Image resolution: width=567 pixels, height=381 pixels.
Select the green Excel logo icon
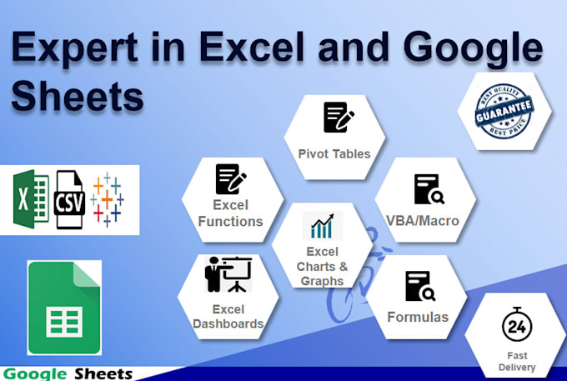click(31, 198)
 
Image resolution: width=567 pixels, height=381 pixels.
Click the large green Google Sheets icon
click(64, 308)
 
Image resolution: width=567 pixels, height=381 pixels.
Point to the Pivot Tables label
click(334, 153)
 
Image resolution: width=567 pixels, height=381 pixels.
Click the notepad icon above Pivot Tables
click(337, 118)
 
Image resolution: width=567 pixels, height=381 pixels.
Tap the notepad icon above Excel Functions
click(229, 179)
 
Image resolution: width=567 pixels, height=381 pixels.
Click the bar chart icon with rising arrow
click(322, 226)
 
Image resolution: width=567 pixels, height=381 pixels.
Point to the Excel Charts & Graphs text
click(322, 266)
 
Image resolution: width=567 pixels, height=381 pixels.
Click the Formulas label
click(418, 317)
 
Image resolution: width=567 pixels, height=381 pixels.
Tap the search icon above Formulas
click(419, 286)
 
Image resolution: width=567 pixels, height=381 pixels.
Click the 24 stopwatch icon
click(517, 326)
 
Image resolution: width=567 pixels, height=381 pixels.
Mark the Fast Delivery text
click(516, 361)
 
